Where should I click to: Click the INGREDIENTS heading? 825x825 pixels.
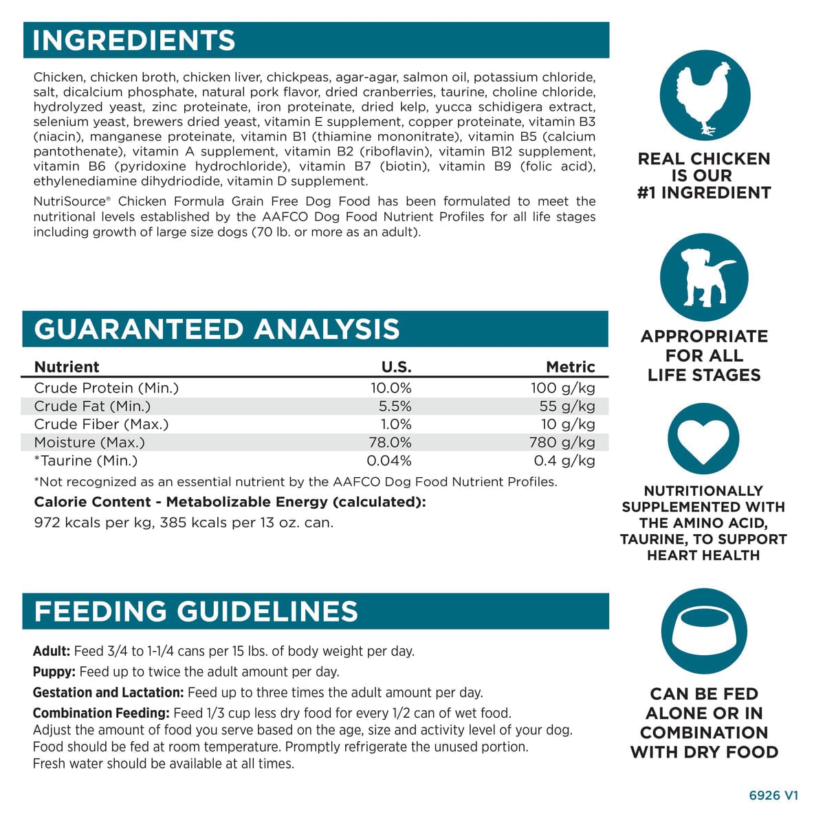[134, 41]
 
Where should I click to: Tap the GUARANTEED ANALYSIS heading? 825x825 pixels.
[217, 329]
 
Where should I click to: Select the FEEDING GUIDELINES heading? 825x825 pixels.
[196, 611]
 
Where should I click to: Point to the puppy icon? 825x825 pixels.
[704, 278]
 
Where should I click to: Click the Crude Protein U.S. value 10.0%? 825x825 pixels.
[390, 388]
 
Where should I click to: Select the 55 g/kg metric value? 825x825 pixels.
[567, 406]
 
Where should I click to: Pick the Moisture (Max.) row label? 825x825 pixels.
[89, 443]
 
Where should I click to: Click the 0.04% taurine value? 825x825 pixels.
[389, 461]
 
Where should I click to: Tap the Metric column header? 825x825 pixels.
[570, 367]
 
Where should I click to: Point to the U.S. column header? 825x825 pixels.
[396, 367]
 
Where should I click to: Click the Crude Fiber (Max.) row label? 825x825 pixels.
[101, 424]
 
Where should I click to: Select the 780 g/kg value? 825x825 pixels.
[562, 443]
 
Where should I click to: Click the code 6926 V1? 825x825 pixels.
[773, 795]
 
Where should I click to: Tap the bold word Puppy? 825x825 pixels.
[54, 672]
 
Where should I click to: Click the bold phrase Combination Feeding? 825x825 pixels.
[101, 713]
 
